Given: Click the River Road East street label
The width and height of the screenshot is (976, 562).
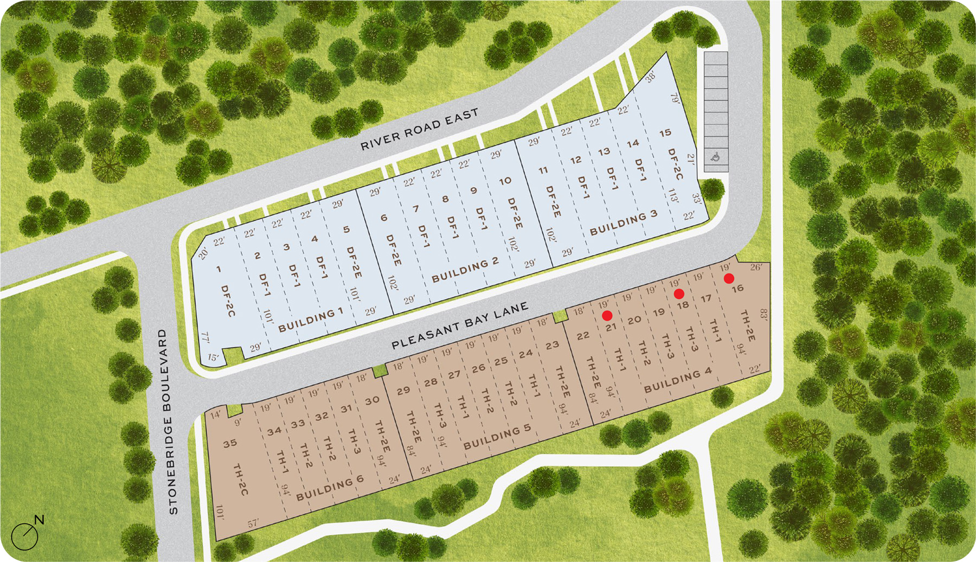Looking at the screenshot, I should pyautogui.click(x=419, y=129).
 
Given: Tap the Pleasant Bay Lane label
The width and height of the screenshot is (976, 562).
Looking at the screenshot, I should pyautogui.click(x=460, y=325).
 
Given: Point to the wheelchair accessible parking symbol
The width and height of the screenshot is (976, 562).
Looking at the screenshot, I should pyautogui.click(x=716, y=158).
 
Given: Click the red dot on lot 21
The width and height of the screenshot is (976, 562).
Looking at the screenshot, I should pyautogui.click(x=607, y=315).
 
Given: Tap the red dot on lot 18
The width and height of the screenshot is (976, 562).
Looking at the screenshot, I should pyautogui.click(x=679, y=294).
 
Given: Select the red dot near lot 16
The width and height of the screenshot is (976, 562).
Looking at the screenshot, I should pyautogui.click(x=729, y=278).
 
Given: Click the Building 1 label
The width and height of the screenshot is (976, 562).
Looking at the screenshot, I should pyautogui.click(x=310, y=321).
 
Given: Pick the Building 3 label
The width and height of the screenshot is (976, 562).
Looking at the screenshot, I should pyautogui.click(x=623, y=222).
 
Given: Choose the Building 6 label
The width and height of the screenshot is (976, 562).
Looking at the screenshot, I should pyautogui.click(x=330, y=488).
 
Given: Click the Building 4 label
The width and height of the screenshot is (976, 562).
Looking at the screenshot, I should pyautogui.click(x=677, y=380).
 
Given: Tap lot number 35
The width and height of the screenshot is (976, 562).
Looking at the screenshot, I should pyautogui.click(x=230, y=443).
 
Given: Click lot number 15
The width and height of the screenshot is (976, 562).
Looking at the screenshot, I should pyautogui.click(x=665, y=132).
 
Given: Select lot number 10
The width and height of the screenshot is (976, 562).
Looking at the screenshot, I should pyautogui.click(x=505, y=181).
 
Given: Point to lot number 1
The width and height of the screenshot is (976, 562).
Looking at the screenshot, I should pyautogui.click(x=219, y=269).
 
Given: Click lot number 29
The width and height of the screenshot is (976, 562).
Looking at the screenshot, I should pyautogui.click(x=403, y=391).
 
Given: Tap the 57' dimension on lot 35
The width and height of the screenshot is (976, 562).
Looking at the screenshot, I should pyautogui.click(x=253, y=523).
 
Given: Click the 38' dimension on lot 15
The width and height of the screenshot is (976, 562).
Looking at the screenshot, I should pyautogui.click(x=651, y=77).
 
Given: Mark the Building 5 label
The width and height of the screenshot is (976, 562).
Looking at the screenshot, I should pyautogui.click(x=497, y=437).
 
